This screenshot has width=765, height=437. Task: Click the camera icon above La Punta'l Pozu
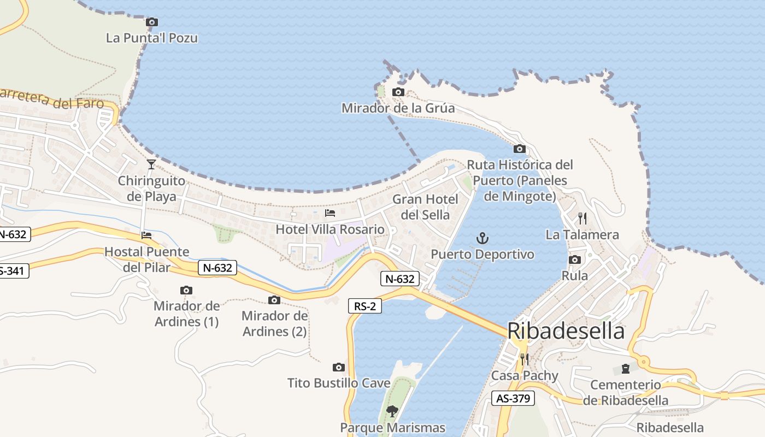tap(152, 22)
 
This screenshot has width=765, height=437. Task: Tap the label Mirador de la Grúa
tap(398, 108)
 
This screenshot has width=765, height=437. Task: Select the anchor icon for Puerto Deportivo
tap(482, 238)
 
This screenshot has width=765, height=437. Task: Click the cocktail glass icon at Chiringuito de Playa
tap(151, 164)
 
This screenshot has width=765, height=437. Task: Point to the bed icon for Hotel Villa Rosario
tap(330, 212)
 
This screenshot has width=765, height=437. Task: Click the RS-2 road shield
tap(364, 306)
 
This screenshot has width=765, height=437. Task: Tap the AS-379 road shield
tap(512, 399)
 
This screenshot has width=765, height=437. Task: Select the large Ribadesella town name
tap(566, 331)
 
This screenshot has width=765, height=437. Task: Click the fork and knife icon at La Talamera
tap(582, 218)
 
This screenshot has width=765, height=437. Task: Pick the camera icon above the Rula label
tap(574, 260)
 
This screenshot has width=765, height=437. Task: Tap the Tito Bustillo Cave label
tap(339, 383)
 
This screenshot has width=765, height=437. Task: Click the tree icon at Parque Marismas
tap(392, 411)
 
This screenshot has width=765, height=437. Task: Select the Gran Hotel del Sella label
tap(425, 207)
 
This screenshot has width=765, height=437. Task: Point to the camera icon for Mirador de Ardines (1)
tap(186, 291)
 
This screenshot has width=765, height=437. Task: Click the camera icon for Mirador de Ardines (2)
tap(274, 300)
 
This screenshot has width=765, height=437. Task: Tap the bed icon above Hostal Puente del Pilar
tap(146, 235)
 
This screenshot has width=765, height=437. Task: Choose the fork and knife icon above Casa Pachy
tap(524, 359)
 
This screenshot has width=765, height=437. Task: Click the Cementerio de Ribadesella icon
tap(625, 369)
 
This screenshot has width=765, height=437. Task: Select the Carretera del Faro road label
tap(52, 98)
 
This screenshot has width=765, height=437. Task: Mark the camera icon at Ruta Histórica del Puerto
tap(519, 149)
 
